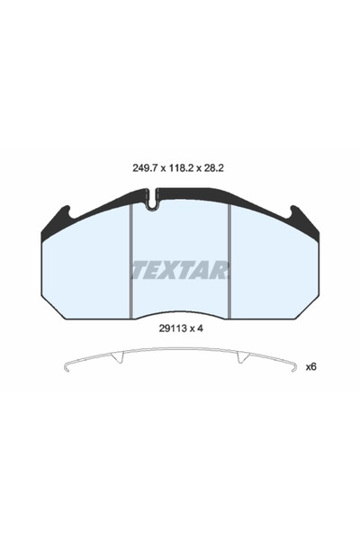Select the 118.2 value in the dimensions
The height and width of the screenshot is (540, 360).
(x=181, y=166)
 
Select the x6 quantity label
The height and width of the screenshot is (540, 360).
(x=311, y=366)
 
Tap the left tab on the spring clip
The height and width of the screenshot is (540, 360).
(x=117, y=357)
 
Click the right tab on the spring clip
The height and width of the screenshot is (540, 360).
(x=241, y=357)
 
